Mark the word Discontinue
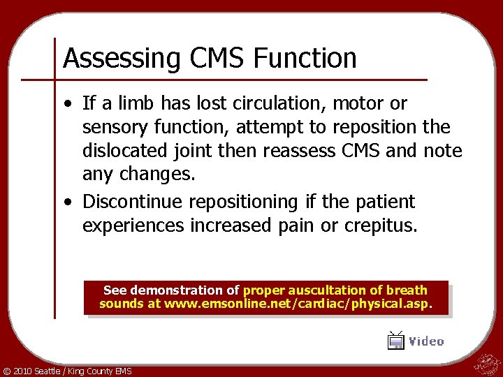(x=133, y=202)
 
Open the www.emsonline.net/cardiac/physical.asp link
(x=298, y=304)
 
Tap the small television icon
(x=396, y=341)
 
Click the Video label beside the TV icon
(x=426, y=341)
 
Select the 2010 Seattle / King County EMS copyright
(x=67, y=371)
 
